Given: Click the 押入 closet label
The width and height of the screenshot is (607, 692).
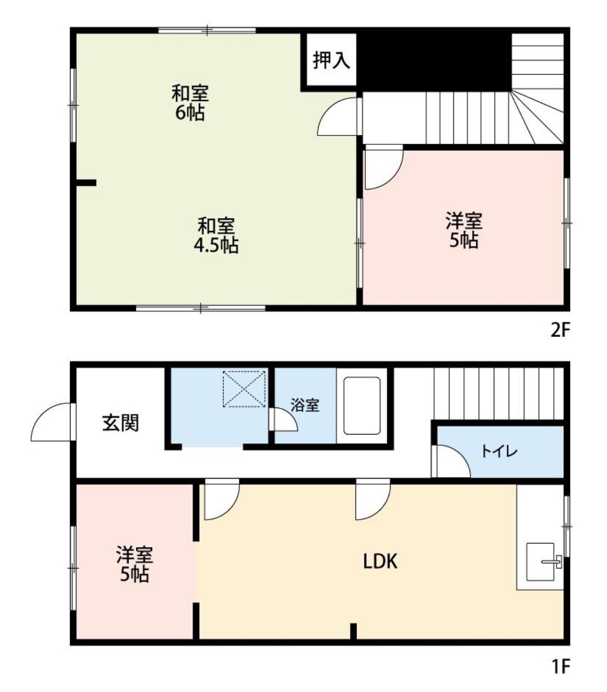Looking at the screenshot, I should (331, 60).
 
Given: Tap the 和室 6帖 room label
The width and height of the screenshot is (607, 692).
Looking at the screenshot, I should (190, 103).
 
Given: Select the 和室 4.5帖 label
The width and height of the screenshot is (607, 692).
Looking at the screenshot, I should (216, 235).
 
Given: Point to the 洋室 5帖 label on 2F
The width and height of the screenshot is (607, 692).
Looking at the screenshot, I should (463, 230).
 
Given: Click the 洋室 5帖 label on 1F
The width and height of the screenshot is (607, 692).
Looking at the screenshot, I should (134, 564).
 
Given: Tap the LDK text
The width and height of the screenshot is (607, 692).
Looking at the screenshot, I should (380, 561).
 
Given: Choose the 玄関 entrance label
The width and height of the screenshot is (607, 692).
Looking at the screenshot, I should (120, 423).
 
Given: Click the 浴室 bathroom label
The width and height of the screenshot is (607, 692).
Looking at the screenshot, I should (305, 405).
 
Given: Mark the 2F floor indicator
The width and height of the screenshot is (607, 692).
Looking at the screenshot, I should (560, 331).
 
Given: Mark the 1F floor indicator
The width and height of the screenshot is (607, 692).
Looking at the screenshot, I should (560, 666).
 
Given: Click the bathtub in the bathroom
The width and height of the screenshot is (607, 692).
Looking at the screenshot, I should (362, 405).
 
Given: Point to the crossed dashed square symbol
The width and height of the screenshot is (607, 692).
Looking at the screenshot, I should (244, 388).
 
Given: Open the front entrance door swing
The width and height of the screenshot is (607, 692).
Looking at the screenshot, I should (52, 423).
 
